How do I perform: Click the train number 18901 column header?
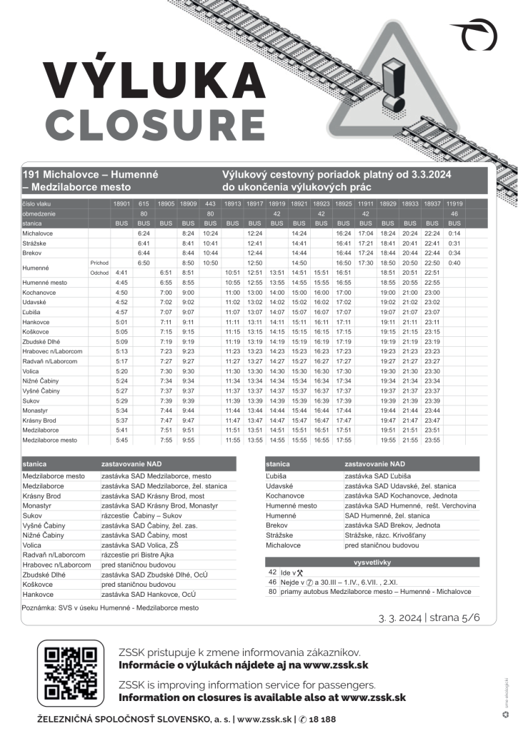[121, 203]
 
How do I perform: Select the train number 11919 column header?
[454, 203]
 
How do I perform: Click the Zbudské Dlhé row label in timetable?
[44, 342]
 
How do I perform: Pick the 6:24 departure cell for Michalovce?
[143, 233]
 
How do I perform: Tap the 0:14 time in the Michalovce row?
[454, 233]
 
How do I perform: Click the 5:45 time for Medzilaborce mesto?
[121, 440]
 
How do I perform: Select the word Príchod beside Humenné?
[99, 263]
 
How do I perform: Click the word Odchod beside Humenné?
[99, 273]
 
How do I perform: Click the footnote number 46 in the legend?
[272, 582]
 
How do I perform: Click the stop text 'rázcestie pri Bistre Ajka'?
[139, 555]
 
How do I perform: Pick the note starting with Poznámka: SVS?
[110, 608]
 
